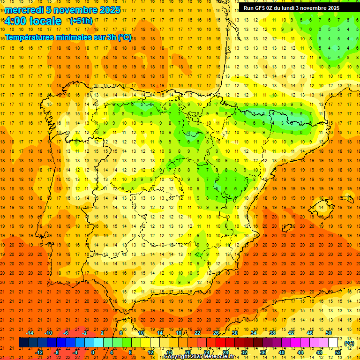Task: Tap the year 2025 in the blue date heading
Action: click(108, 10)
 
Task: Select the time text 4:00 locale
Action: click(33, 21)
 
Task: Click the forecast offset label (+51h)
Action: click(81, 21)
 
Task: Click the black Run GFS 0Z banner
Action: click(292, 8)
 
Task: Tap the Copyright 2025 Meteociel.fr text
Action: click(199, 357)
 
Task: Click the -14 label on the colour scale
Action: click(30, 333)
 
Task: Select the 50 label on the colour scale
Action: click(329, 333)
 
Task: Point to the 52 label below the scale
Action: click(338, 352)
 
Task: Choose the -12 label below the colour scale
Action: click(39, 352)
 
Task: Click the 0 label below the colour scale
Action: click(93, 352)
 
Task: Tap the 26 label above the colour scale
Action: click(216, 333)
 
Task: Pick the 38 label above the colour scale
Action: click(272, 333)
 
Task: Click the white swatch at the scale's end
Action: click(333, 343)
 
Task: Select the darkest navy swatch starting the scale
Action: click(23, 343)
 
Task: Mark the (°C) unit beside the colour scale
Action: click(349, 343)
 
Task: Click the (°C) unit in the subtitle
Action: click(125, 37)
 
